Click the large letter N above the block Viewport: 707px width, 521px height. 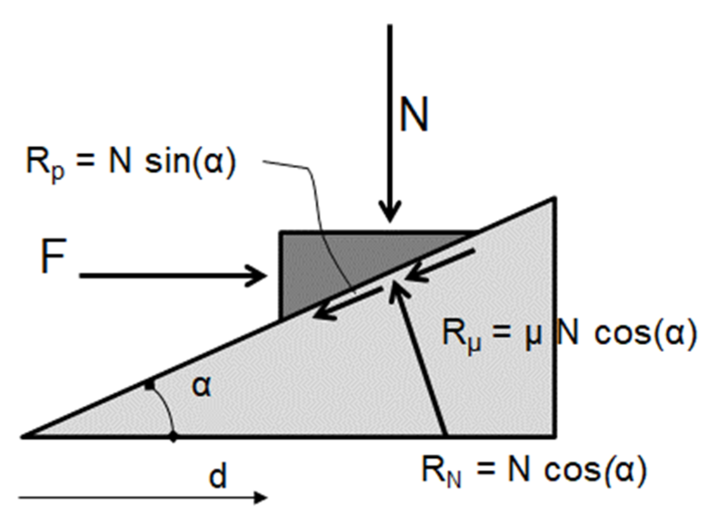[414, 114]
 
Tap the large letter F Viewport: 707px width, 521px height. [53, 256]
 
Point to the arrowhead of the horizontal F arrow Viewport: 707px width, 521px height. [259, 276]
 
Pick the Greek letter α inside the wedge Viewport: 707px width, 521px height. [201, 386]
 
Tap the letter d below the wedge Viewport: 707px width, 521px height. [218, 475]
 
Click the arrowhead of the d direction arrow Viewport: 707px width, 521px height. [261, 497]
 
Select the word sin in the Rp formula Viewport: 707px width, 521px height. [165, 162]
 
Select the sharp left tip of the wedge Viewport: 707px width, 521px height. [23, 436]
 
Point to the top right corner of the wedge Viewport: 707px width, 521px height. [554, 199]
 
